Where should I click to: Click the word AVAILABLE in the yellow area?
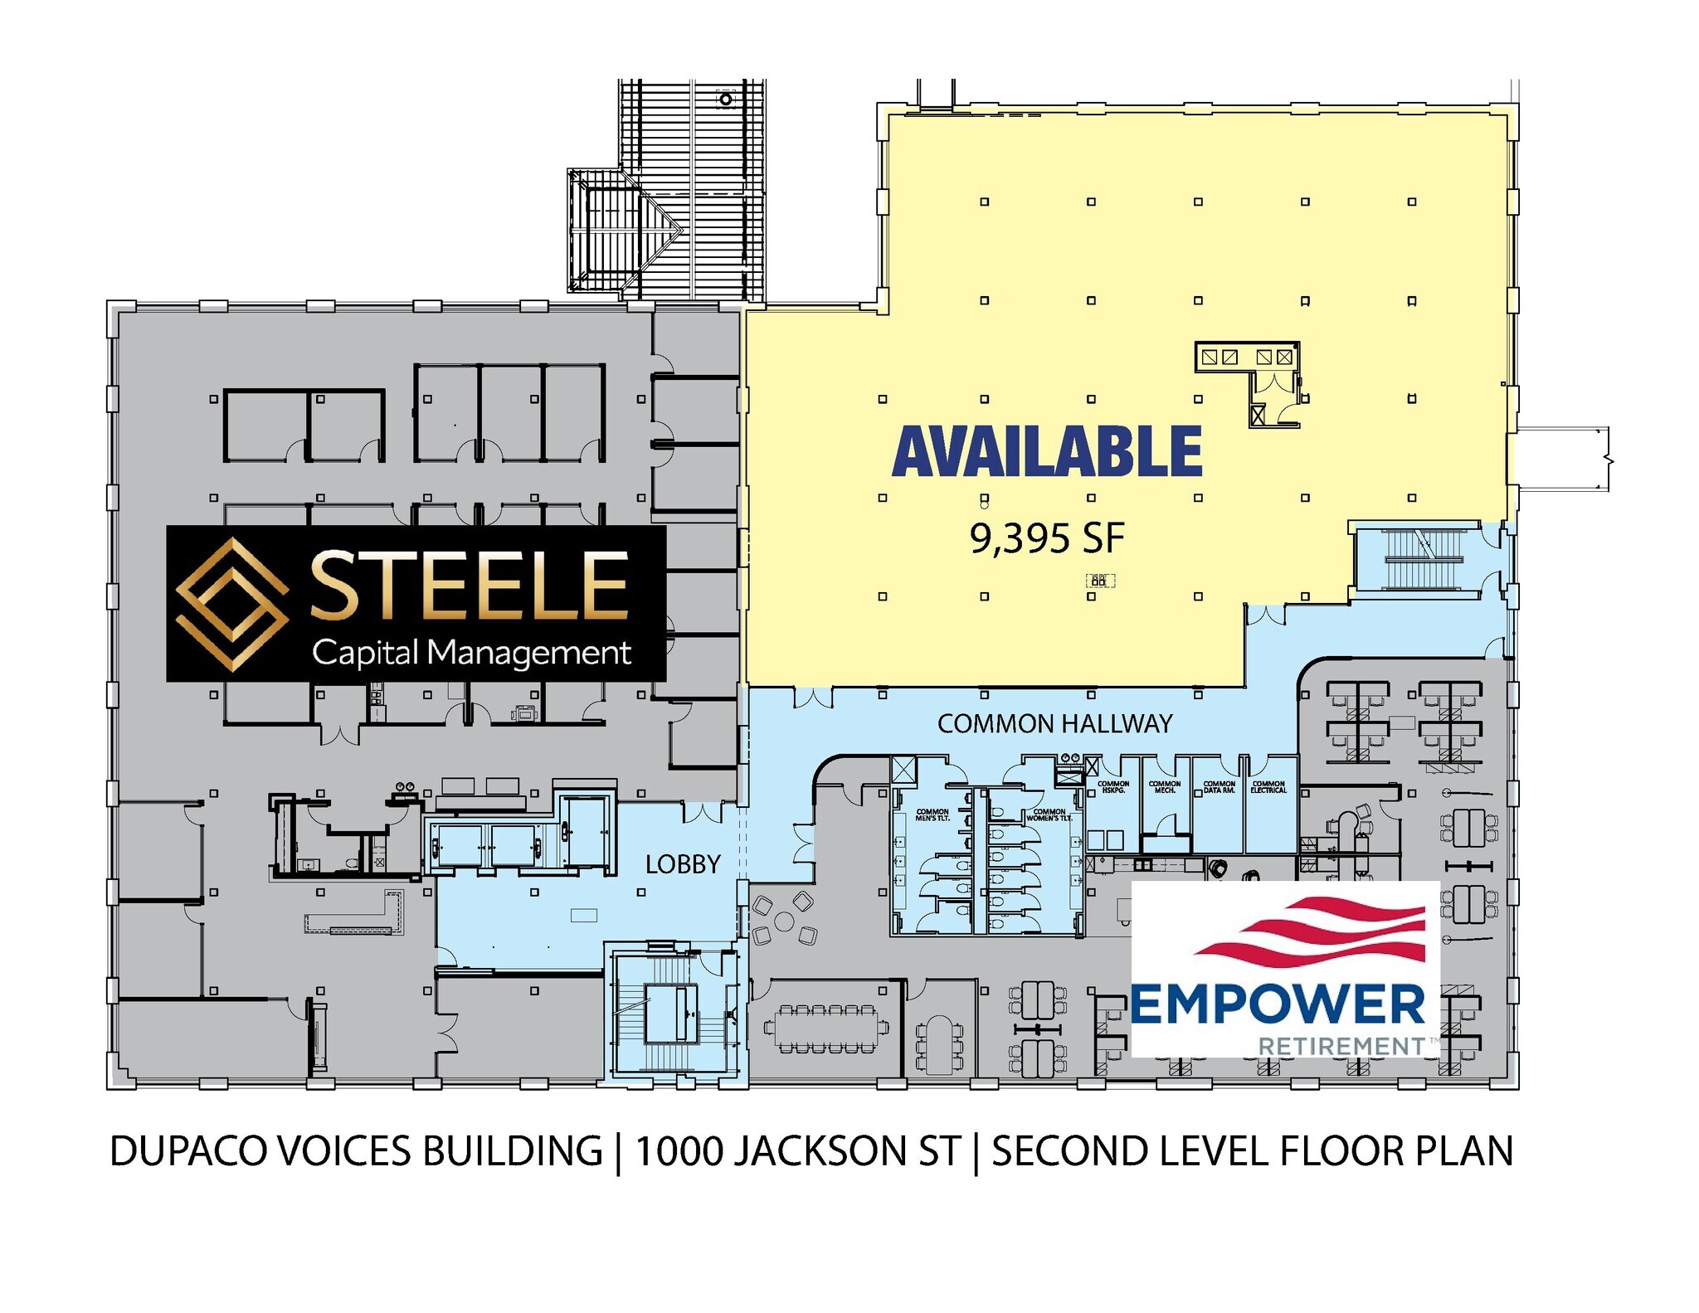point(1047,452)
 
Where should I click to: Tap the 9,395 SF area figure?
point(1047,538)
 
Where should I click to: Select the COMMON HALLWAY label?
point(1054,724)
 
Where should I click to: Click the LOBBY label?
point(683,864)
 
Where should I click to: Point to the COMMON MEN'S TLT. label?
point(932,815)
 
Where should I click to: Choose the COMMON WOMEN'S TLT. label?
point(1049,815)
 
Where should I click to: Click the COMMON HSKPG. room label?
point(1113,787)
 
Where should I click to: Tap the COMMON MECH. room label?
point(1165,787)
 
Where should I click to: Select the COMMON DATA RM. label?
point(1219,787)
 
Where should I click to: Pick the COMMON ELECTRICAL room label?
point(1268,787)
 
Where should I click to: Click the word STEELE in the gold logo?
point(470,587)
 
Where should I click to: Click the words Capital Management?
point(471,653)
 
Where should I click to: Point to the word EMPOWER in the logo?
point(1278,1005)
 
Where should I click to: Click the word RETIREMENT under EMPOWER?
point(1341,1047)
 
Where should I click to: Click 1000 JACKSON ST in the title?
point(797,1152)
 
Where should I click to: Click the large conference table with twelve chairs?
point(826,1029)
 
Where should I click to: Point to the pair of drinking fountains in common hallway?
point(1069,758)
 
